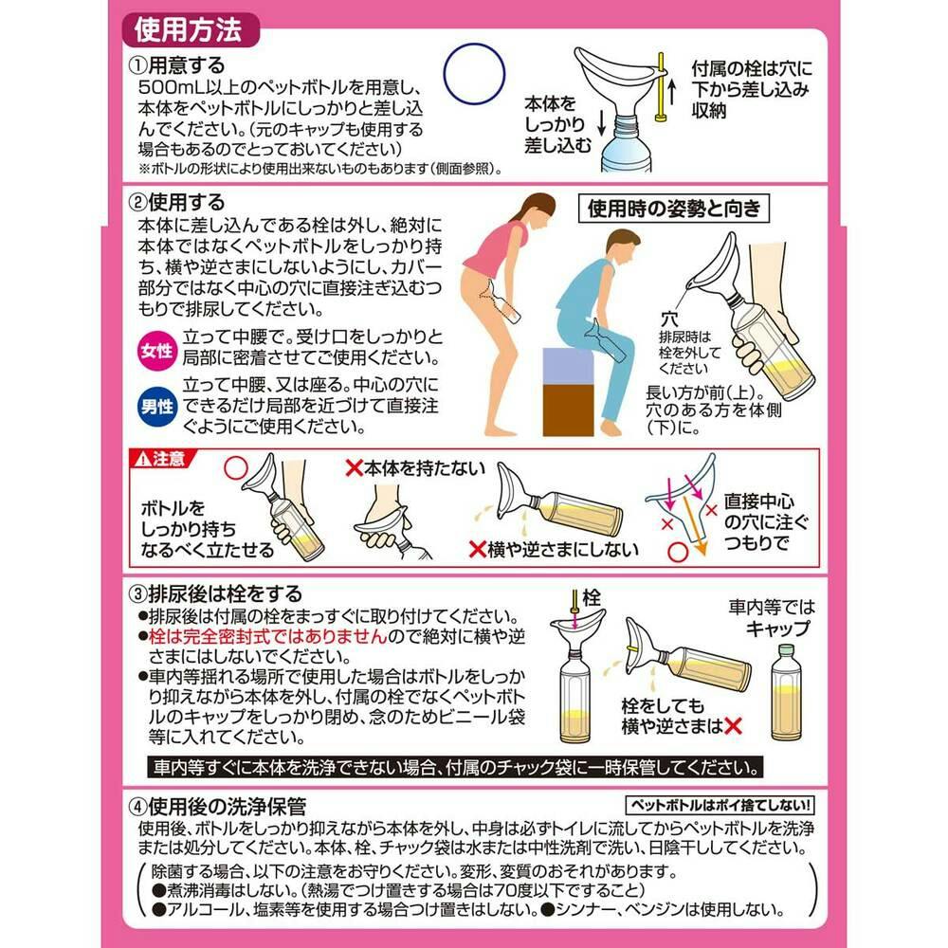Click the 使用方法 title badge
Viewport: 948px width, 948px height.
[x=190, y=30]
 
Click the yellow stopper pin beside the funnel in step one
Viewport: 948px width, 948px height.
[x=662, y=87]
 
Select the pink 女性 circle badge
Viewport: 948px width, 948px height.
[x=156, y=350]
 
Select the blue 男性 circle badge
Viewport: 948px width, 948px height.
[x=156, y=407]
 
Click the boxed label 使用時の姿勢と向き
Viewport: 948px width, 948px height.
[x=673, y=209]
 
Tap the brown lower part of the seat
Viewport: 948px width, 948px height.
[x=568, y=410]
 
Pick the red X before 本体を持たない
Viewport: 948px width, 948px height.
[x=354, y=466]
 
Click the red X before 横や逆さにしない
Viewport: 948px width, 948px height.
[x=478, y=548]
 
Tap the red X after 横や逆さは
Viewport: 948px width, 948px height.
[x=733, y=725]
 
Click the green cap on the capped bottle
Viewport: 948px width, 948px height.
[x=785, y=650]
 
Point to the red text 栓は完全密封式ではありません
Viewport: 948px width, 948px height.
[x=268, y=637]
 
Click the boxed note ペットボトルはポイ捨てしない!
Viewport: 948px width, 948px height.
[x=720, y=805]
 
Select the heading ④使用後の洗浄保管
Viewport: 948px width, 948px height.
[x=217, y=806]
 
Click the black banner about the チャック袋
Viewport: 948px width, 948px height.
[x=455, y=767]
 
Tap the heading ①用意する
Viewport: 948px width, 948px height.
[x=176, y=64]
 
